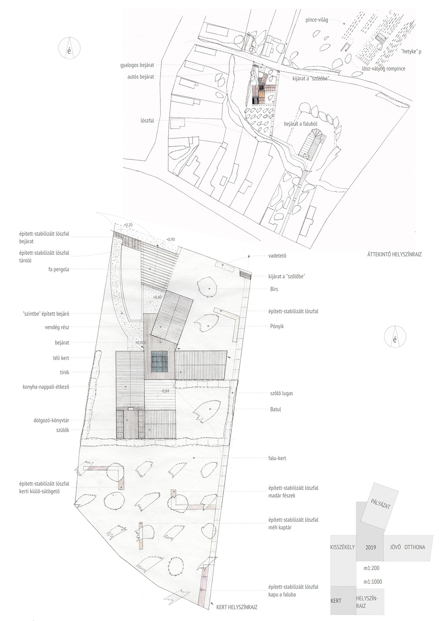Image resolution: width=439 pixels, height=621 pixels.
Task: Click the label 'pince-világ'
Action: pos(317,20)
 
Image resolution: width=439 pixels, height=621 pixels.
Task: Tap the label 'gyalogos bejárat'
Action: pos(137,65)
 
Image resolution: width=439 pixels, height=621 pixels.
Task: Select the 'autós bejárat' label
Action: pos(141,76)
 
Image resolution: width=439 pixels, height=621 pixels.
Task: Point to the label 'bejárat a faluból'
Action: pos(301,124)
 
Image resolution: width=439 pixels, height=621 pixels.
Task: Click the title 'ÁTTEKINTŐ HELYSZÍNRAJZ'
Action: pos(394,254)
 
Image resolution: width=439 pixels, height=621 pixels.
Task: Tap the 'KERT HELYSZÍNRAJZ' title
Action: pos(237,607)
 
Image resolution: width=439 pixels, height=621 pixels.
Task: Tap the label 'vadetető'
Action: pos(277,256)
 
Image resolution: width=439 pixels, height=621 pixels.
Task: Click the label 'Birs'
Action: pos(274,289)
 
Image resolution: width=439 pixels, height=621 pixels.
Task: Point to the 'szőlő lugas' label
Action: pos(281,393)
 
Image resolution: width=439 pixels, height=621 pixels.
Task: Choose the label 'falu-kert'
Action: pos(278,458)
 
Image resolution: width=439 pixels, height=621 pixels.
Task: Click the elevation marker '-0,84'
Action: pos(165,391)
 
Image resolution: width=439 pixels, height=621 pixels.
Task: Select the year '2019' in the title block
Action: pos(371,548)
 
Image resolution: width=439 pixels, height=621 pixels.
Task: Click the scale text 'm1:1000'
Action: pos(373,582)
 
